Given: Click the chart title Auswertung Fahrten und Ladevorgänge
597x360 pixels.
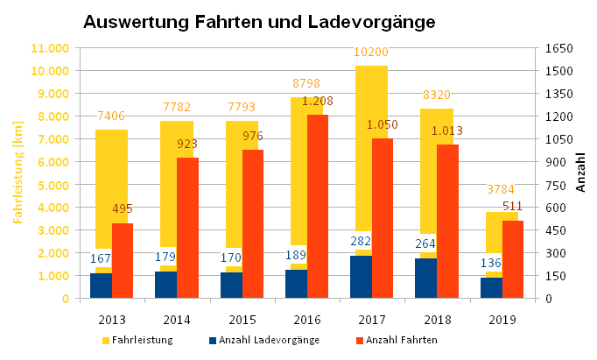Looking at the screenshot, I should [258, 21].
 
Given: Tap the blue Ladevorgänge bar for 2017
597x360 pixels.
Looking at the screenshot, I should [361, 277].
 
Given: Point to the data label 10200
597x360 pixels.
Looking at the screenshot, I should [371, 53].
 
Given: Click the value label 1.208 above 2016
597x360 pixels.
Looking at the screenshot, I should [317, 102].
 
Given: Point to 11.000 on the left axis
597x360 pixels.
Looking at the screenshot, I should [52, 47].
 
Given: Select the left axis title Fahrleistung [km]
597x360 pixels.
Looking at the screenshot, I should [17, 173].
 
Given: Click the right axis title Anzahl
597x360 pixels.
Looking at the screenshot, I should [581, 173].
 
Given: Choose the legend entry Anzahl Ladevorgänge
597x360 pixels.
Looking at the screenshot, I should [268, 340].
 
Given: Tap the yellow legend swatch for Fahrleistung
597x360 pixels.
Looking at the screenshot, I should [106, 340].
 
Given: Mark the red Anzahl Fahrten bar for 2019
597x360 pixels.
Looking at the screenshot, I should [512, 259].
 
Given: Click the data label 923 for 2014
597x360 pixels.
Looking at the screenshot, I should [187, 143].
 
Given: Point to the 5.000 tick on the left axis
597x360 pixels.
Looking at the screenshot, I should [55, 185].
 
